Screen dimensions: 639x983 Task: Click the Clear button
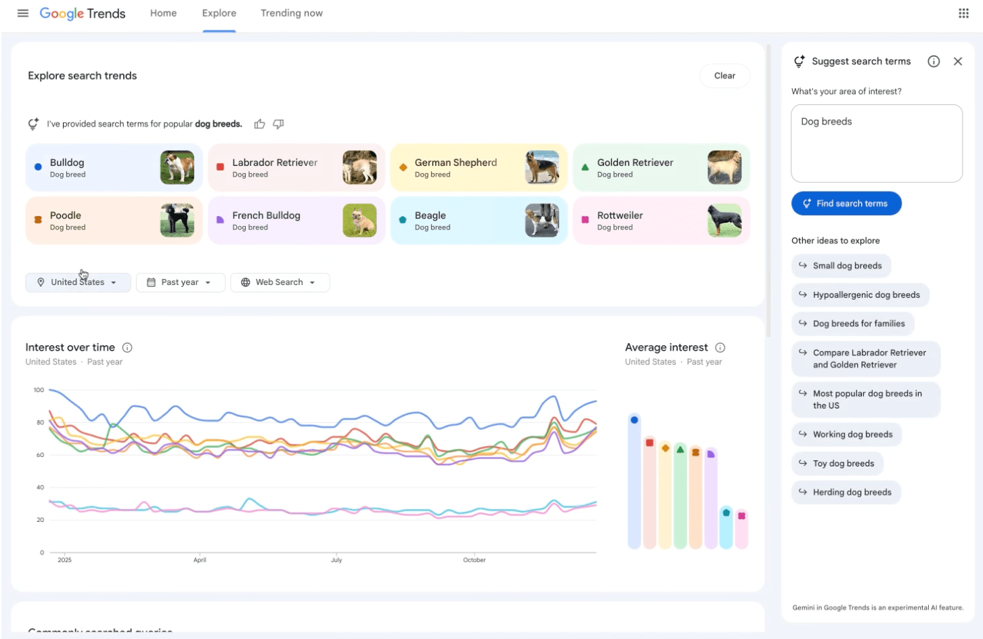[724, 76]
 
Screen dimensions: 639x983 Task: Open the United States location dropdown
[78, 282]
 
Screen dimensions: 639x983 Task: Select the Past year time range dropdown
[180, 282]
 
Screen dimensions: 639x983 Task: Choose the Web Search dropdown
[280, 282]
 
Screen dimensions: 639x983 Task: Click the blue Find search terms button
[846, 204]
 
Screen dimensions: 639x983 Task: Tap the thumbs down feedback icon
[278, 124]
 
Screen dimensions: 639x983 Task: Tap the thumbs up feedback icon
[259, 124]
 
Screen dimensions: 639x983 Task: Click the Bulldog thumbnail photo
[177, 167]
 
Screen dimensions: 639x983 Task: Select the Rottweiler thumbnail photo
[724, 220]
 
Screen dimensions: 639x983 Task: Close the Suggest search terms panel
[957, 62]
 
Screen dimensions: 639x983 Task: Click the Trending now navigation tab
[292, 14]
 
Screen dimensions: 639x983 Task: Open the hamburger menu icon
[23, 14]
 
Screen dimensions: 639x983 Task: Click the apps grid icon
[963, 14]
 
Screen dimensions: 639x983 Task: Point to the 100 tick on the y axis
[39, 390]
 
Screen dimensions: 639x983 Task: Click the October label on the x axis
[475, 560]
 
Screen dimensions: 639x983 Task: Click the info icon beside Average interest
[720, 348]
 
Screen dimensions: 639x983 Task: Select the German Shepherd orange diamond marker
[403, 167]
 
